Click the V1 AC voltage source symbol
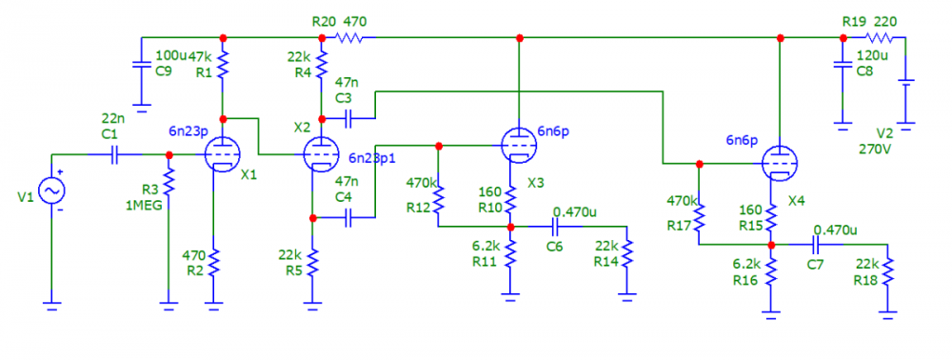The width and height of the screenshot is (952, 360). click(50, 190)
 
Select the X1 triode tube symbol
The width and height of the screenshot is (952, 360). click(222, 153)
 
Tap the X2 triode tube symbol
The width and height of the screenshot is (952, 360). click(321, 152)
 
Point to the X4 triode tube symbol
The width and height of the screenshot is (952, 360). click(780, 163)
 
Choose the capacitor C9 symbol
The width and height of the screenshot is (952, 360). click(140, 68)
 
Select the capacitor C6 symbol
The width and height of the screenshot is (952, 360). click(557, 227)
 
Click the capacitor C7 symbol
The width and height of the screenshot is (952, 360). click(817, 245)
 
